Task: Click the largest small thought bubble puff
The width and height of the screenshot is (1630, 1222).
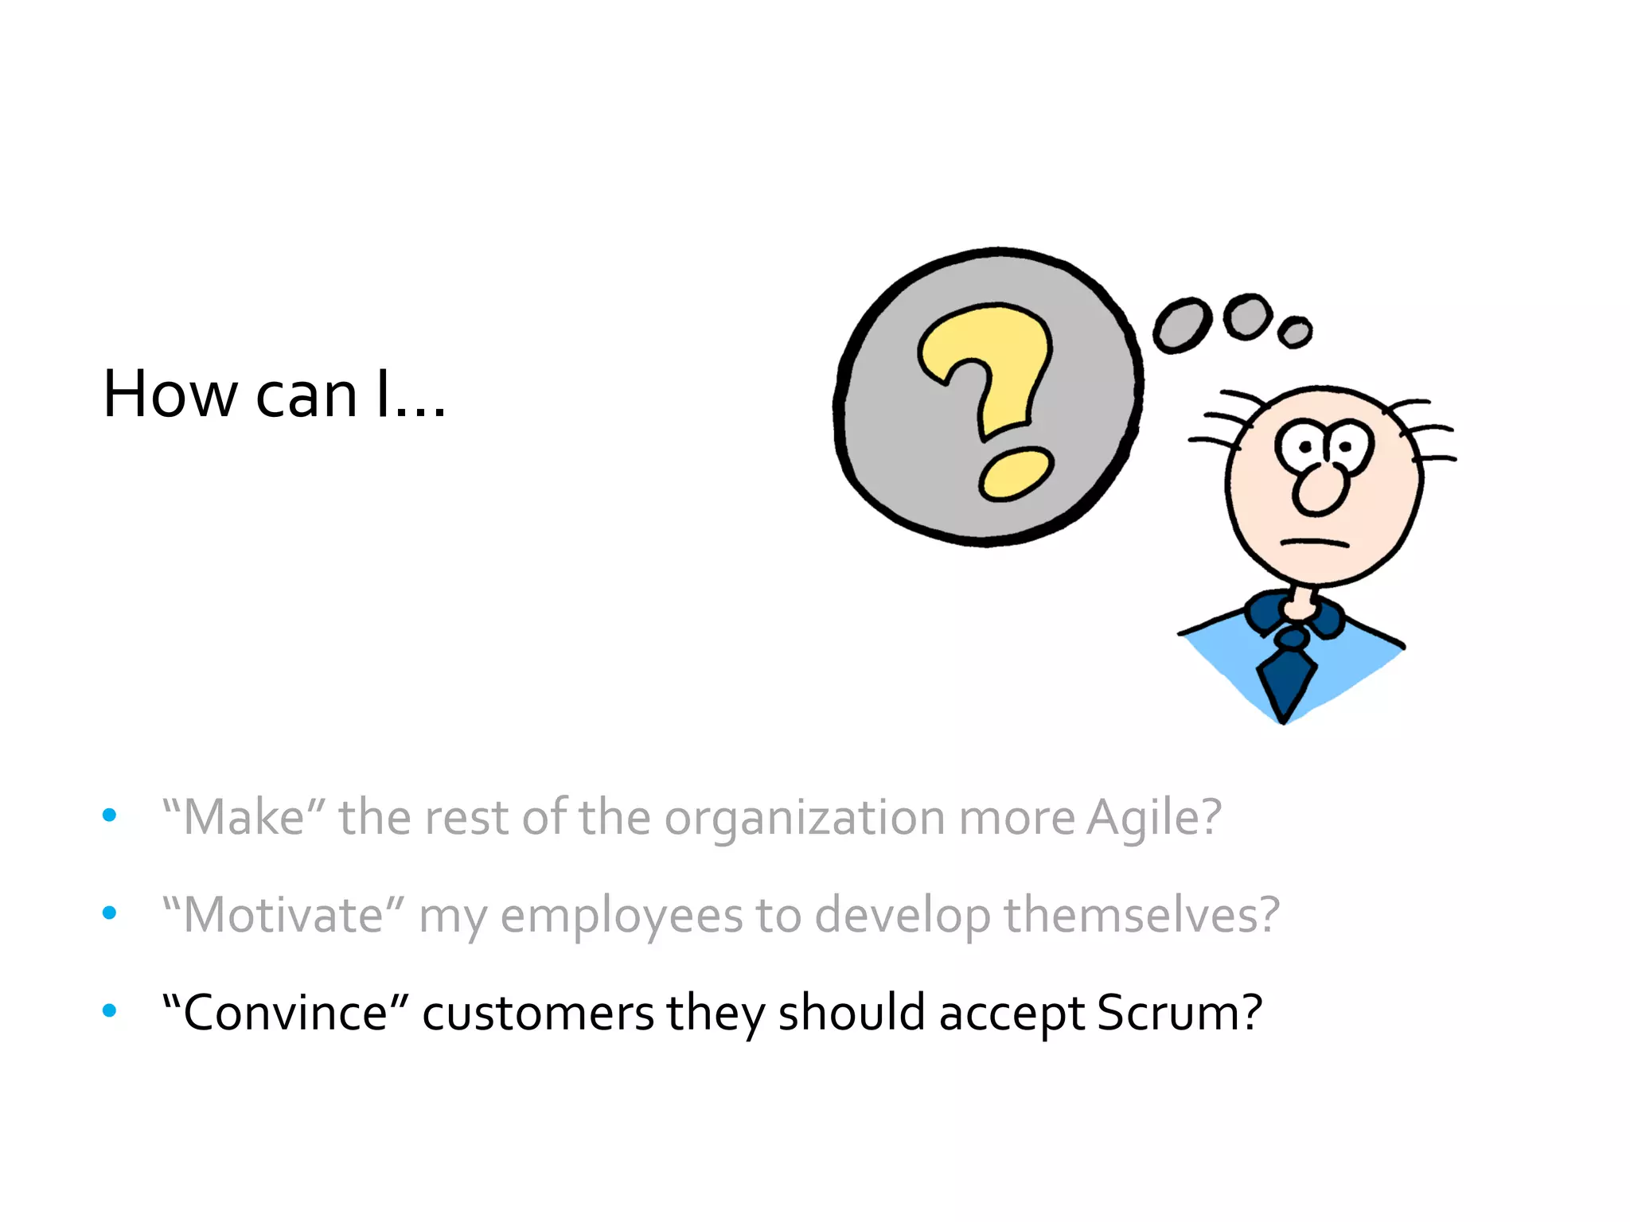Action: click(1182, 325)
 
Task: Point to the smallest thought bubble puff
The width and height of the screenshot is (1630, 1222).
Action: click(1295, 332)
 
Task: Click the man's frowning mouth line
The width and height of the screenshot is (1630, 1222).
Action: click(1314, 543)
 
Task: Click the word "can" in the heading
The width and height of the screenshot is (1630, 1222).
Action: click(306, 396)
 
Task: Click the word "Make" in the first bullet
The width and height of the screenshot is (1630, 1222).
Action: click(244, 817)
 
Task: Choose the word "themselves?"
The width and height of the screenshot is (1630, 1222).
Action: click(1142, 915)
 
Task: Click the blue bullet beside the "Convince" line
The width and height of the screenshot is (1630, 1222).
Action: click(110, 1011)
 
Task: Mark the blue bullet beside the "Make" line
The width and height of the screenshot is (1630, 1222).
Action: click(110, 815)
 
